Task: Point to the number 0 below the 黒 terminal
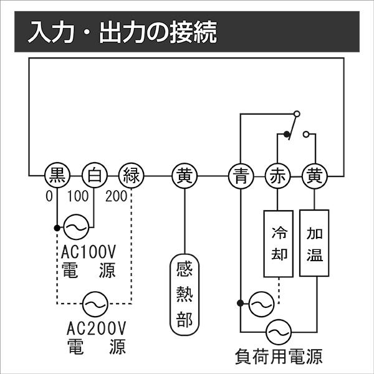49,197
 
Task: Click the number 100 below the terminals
77,197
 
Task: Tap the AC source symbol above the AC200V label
95,304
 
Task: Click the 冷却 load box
278,243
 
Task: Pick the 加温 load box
314,243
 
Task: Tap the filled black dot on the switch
287,134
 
